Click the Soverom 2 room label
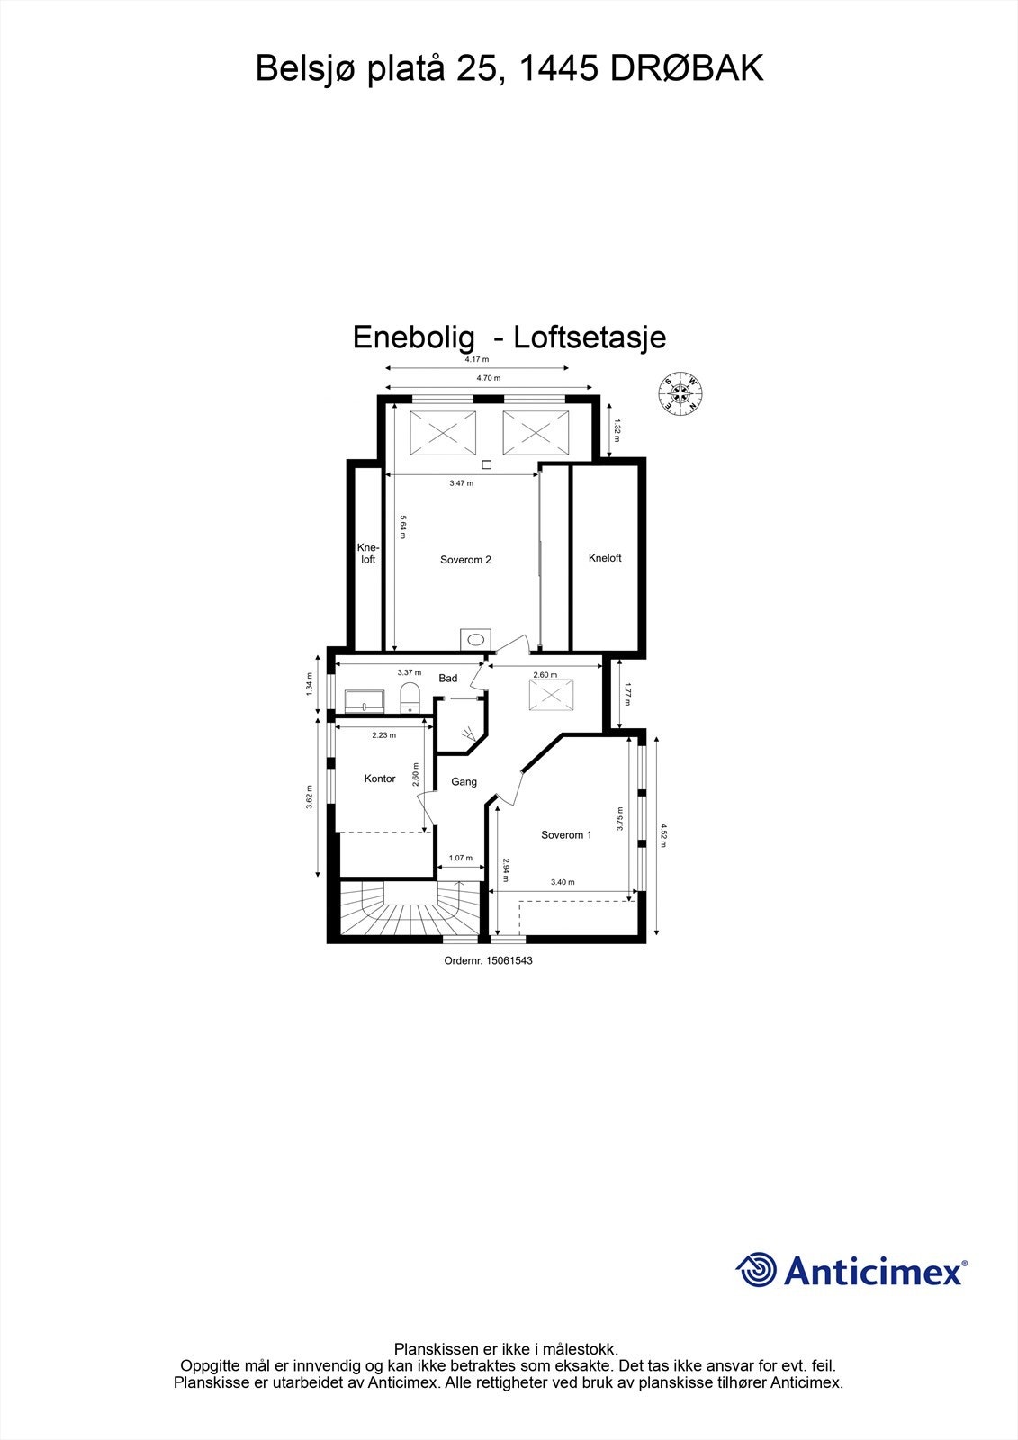465,560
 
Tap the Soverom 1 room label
566,835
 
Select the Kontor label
380,778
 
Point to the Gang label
464,782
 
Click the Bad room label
447,679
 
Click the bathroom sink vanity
365,700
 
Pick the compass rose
681,392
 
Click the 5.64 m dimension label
403,526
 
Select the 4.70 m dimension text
489,379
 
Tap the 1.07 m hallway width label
461,859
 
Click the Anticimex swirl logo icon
757,1270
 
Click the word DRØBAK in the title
688,68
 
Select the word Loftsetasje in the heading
590,337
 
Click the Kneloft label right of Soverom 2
605,558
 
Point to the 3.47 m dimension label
461,483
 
